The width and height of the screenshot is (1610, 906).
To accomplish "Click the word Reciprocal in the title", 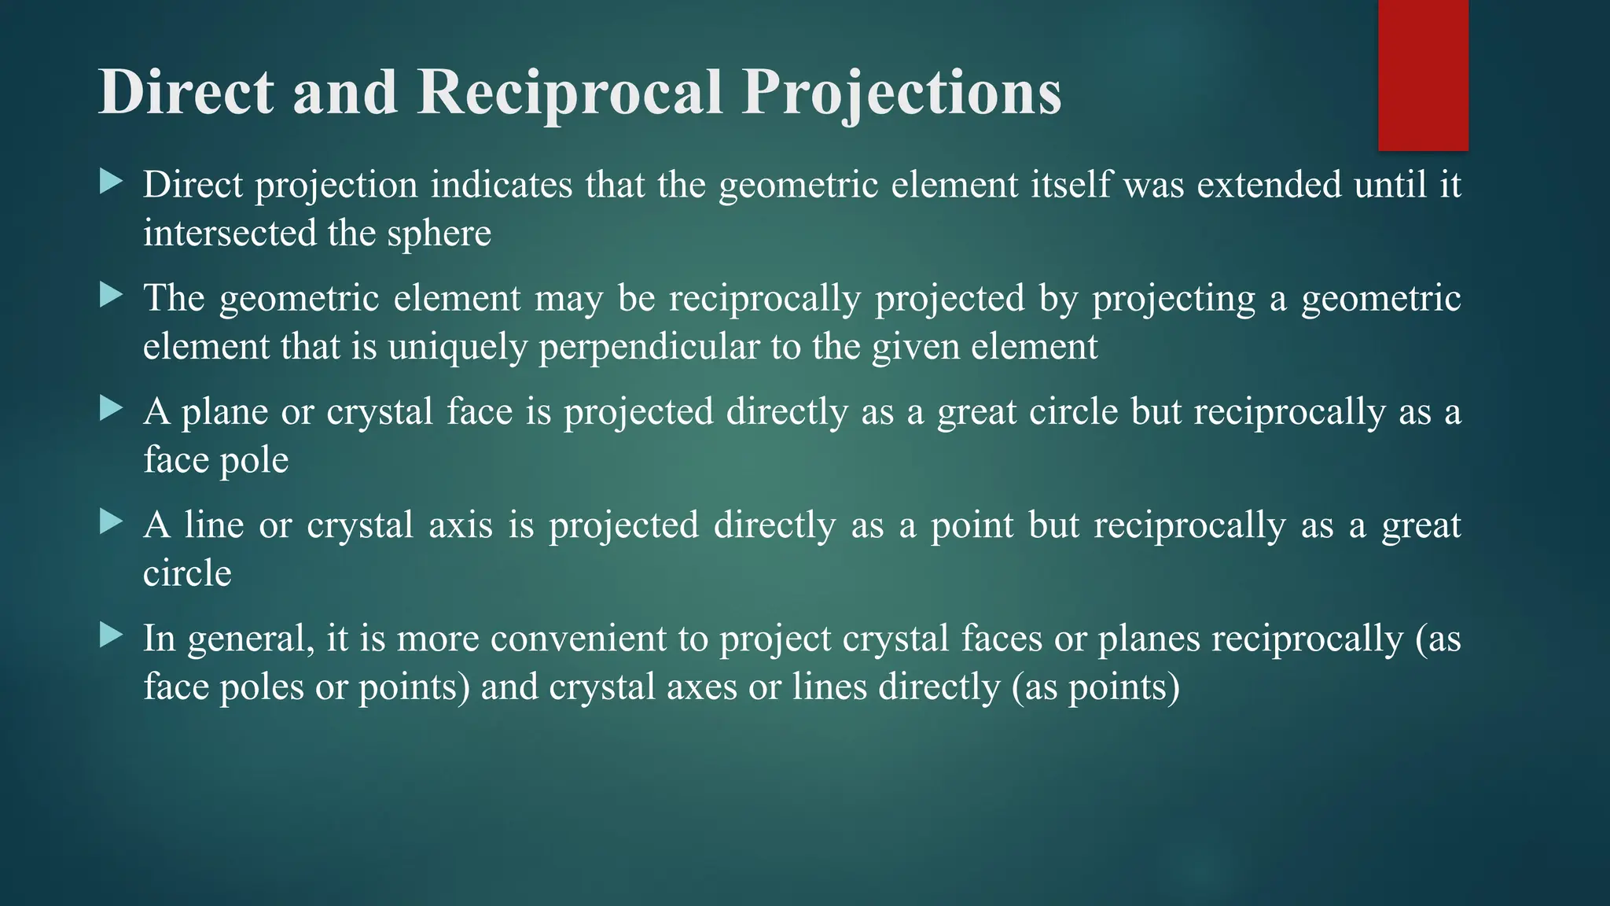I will pos(569,93).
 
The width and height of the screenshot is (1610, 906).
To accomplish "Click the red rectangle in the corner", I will pos(1423,75).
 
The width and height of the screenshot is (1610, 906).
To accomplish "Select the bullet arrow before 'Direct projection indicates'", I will pos(112,183).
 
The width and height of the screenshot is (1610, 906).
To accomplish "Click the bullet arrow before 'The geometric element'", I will pos(112,296).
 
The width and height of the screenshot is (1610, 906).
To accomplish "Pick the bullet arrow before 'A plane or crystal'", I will pos(112,409).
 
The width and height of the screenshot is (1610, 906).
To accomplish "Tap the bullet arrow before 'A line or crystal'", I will pos(112,522).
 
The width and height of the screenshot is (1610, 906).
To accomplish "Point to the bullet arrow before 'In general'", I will pos(112,635).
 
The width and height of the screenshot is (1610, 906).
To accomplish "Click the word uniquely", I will pos(457,347).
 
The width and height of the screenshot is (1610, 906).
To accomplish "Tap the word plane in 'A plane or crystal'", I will pos(225,412).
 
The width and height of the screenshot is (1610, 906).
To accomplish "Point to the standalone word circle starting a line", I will pos(187,573).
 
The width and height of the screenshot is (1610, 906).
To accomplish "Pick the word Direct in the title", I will pos(186,93).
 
